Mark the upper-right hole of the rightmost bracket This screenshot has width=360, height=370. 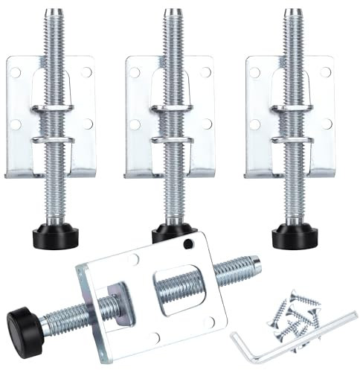click(x=324, y=71)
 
